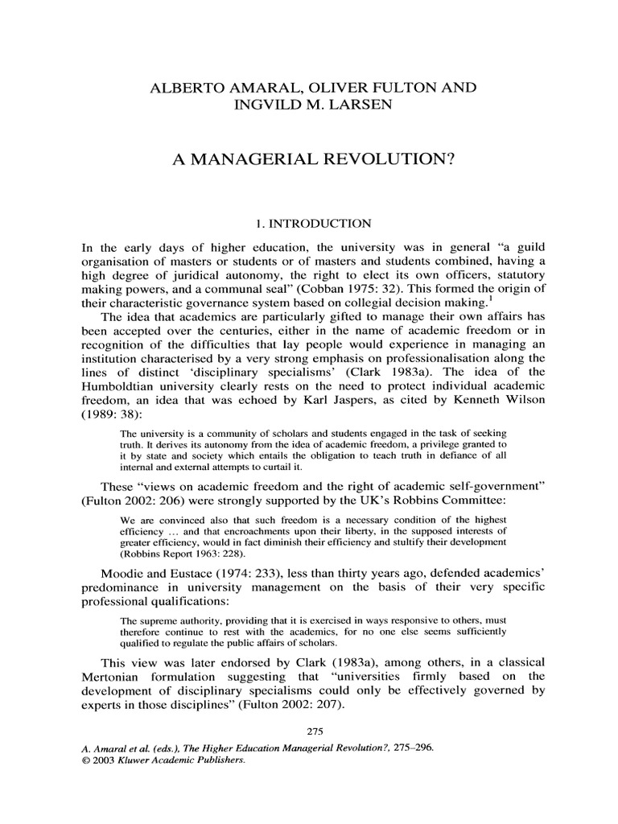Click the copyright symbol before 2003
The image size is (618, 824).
[87, 758]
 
